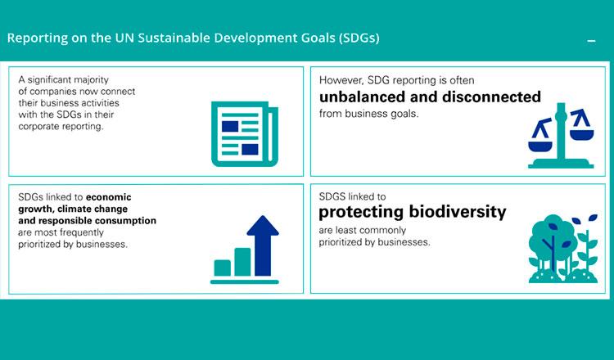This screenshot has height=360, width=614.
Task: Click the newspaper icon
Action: (244, 134)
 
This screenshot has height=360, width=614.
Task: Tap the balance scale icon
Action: (561, 135)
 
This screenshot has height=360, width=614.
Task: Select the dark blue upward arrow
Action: (263, 245)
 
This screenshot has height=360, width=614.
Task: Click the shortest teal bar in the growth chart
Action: (223, 268)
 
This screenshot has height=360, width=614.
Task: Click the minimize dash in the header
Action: (592, 41)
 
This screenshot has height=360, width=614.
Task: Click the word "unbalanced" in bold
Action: (362, 97)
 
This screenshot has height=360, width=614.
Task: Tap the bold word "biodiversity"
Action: (458, 212)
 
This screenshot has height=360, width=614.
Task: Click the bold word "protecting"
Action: (361, 213)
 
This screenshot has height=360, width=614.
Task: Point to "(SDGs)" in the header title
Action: (359, 38)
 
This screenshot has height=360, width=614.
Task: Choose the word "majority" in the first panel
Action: (93, 80)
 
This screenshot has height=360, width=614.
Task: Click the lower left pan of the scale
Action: (540, 146)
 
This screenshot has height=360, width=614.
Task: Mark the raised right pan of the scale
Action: (582, 135)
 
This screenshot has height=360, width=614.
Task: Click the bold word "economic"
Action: (108, 197)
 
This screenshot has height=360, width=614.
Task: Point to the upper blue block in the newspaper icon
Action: (230, 126)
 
